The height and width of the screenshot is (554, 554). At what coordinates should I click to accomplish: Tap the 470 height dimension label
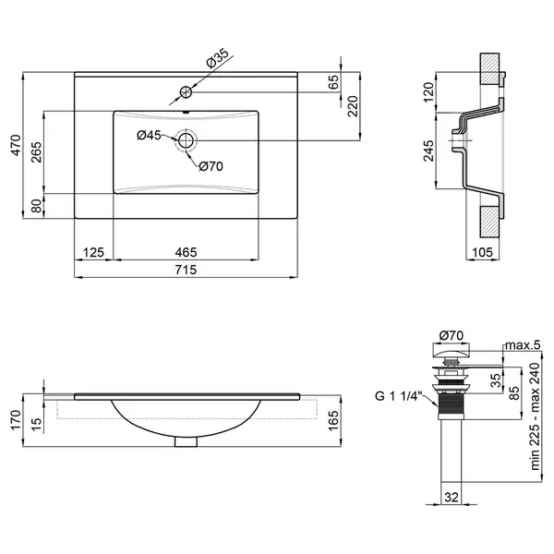click(x=16, y=145)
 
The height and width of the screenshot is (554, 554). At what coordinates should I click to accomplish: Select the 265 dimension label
click(x=36, y=152)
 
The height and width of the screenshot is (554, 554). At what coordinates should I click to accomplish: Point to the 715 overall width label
click(x=186, y=270)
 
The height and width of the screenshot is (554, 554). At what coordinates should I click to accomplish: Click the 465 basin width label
click(x=186, y=252)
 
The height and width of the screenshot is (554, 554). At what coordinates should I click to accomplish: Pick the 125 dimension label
click(x=93, y=252)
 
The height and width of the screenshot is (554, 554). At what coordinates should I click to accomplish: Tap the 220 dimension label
click(x=353, y=106)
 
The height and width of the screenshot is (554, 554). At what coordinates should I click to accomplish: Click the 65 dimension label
click(x=333, y=82)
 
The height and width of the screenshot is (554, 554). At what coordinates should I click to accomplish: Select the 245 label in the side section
click(x=428, y=151)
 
